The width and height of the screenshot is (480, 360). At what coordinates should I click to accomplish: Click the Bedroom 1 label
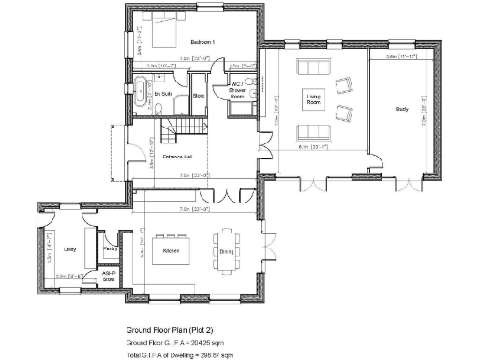(x=202, y=43)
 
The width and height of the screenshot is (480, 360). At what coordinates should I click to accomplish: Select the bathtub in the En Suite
(x=140, y=93)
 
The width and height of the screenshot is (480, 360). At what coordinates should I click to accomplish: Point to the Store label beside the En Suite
(x=199, y=95)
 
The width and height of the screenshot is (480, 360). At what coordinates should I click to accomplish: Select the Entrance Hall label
(x=178, y=156)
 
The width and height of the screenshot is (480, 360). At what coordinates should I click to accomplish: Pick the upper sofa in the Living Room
(x=310, y=67)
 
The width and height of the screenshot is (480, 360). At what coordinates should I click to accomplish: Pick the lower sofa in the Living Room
(x=310, y=130)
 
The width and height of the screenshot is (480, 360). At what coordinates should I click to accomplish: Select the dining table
(x=226, y=247)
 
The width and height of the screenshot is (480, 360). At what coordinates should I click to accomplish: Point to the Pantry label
(x=110, y=249)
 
